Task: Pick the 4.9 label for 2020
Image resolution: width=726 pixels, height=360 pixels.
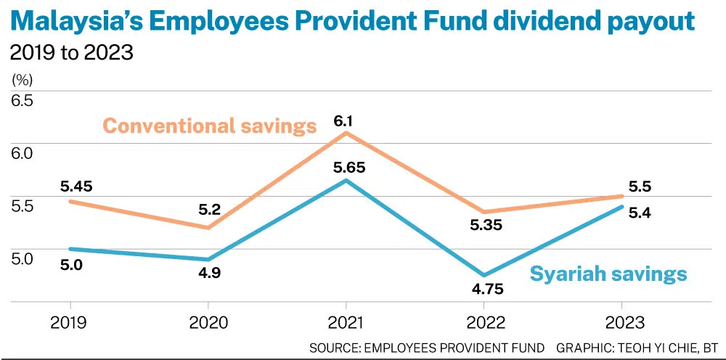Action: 208,273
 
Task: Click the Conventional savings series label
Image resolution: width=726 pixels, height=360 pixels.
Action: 210,126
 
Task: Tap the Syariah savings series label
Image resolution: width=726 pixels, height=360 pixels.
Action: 608,274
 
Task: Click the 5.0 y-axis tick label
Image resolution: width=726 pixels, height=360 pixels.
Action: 21,258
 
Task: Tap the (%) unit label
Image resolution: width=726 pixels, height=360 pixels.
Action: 20,78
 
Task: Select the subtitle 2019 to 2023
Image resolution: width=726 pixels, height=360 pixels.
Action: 71,53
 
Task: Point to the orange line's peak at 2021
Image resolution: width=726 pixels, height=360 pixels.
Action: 346,133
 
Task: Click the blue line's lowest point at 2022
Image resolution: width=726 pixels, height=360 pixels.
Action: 484,275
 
